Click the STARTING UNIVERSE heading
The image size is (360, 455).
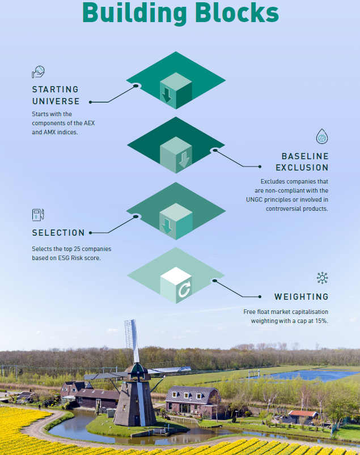click(56, 95)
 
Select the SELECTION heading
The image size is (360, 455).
click(58, 233)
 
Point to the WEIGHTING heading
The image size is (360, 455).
click(301, 296)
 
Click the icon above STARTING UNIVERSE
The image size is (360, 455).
click(38, 72)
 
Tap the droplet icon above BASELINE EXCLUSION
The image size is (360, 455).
click(322, 137)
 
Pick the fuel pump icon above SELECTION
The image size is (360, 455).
click(38, 215)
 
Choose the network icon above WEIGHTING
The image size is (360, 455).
click(322, 278)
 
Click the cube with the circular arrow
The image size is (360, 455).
click(176, 285)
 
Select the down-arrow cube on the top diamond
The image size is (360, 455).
click(175, 91)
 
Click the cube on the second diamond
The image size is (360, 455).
click(176, 155)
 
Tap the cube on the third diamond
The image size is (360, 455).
click(176, 220)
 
